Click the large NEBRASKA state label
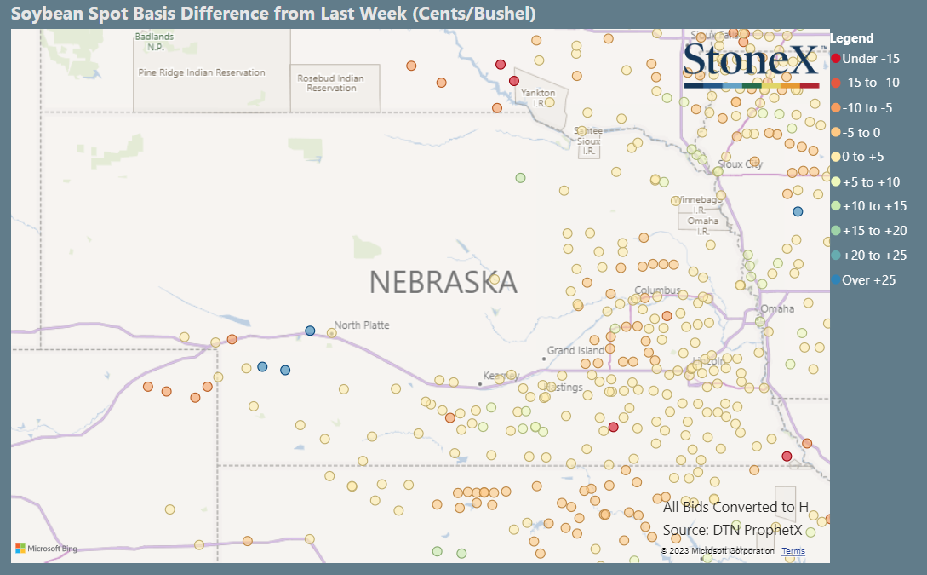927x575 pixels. pos(443,281)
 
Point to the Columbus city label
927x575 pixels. pos(657,290)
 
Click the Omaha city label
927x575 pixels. pos(777,308)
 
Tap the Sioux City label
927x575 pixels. pos(740,164)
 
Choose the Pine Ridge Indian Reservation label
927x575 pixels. pos(202,72)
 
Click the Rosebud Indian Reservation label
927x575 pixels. pos(330,83)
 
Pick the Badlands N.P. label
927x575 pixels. pos(154,42)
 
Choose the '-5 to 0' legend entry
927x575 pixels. pos(861,133)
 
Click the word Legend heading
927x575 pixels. pos(851,38)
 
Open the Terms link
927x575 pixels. pos(793,551)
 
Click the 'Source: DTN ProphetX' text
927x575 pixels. pos(732,530)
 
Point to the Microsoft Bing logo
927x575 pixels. pos(46,549)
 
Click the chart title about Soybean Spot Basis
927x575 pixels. pos(273,14)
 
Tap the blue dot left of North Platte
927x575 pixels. pos(310,331)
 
